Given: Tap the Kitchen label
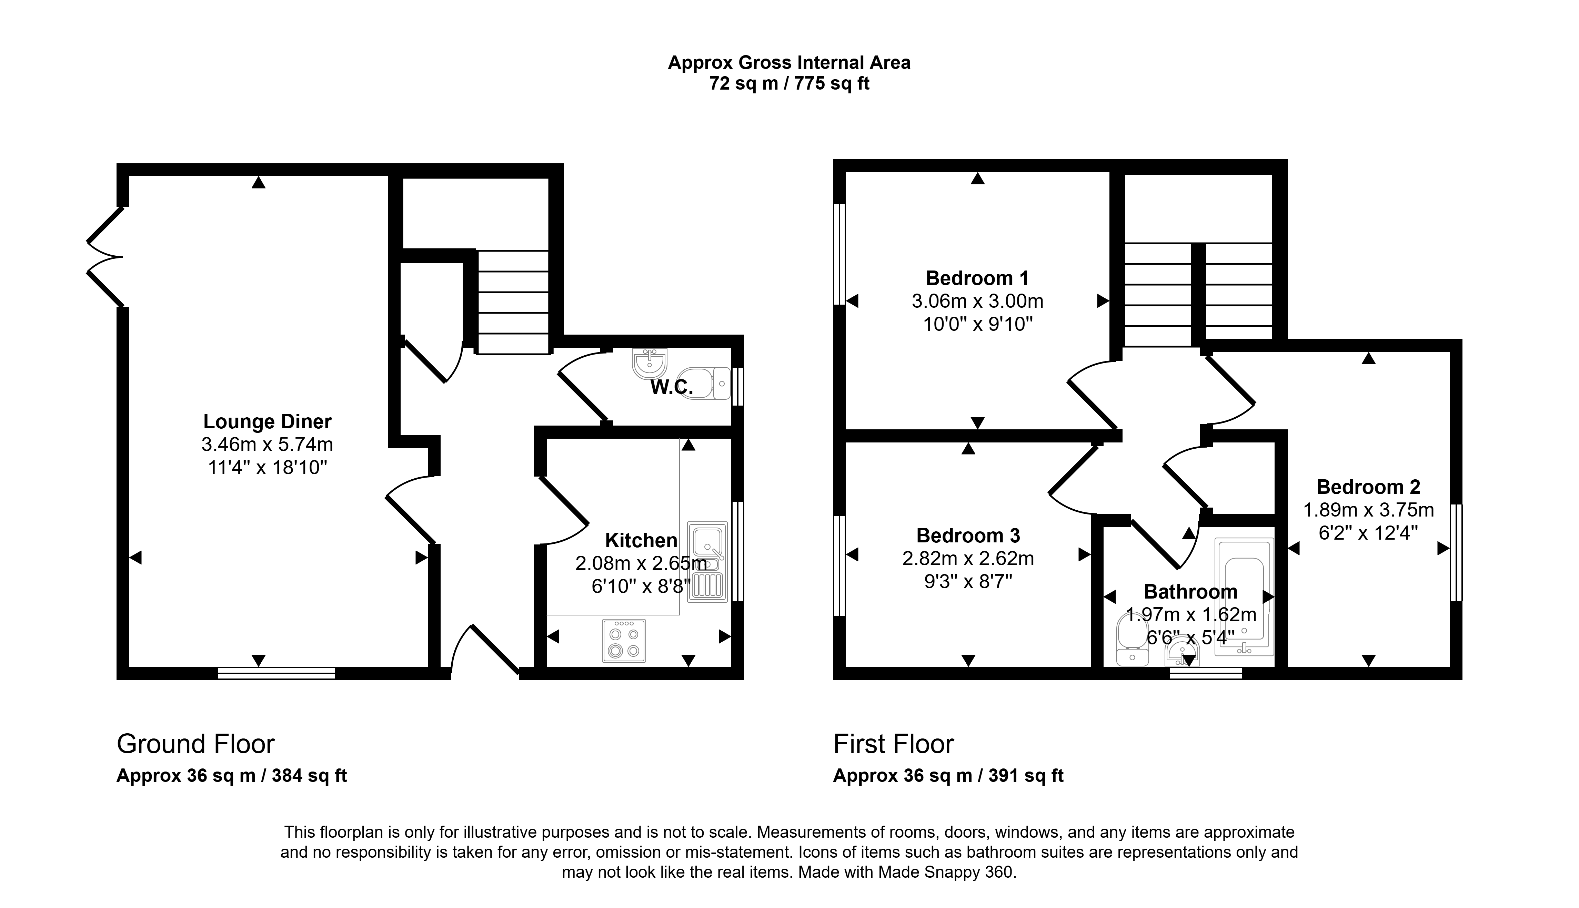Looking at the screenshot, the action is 641,540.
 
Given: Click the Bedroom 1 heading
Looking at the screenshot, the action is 977,278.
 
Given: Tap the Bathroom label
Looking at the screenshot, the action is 1190,592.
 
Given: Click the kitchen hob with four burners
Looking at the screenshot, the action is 624,641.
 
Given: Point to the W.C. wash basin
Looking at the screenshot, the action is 650,363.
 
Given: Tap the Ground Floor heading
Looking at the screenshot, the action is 196,744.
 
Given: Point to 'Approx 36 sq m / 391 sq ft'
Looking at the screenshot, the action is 948,776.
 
